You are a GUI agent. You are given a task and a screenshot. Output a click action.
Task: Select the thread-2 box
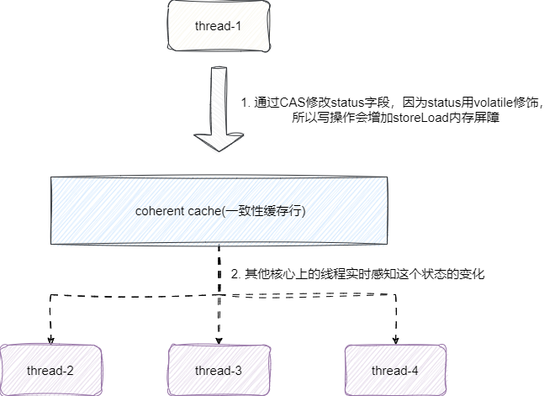[x=50, y=370]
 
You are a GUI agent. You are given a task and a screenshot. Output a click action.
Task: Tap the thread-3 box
[x=219, y=370]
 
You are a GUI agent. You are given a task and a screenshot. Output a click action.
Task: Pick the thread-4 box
[x=395, y=370]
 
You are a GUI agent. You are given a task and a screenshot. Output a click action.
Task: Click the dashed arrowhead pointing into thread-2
[x=50, y=340]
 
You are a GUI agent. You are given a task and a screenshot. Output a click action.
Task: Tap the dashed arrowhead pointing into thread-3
[x=219, y=340]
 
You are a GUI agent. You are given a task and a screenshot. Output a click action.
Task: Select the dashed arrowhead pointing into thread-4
[x=395, y=340]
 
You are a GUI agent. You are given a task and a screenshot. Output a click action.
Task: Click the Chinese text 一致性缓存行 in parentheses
[x=260, y=210]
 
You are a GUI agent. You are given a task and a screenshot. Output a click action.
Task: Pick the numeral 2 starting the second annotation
[x=234, y=274]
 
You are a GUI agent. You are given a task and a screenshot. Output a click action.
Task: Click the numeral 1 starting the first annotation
[x=244, y=103]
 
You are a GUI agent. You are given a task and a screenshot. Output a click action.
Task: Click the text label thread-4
[x=395, y=371]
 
